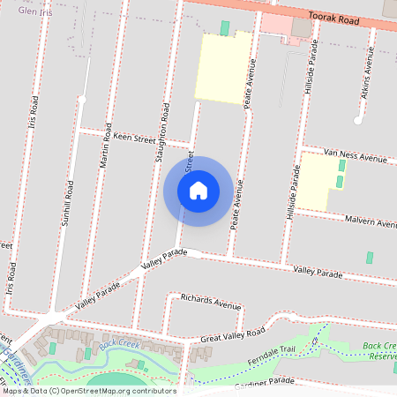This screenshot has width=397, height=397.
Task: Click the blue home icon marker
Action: (198, 191)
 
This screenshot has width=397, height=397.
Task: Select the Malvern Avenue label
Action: (371, 221)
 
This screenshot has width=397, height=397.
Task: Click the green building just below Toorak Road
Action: (224, 28)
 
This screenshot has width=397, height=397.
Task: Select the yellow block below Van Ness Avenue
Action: (318, 181)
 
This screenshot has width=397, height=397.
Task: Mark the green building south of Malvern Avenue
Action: (369, 258)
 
